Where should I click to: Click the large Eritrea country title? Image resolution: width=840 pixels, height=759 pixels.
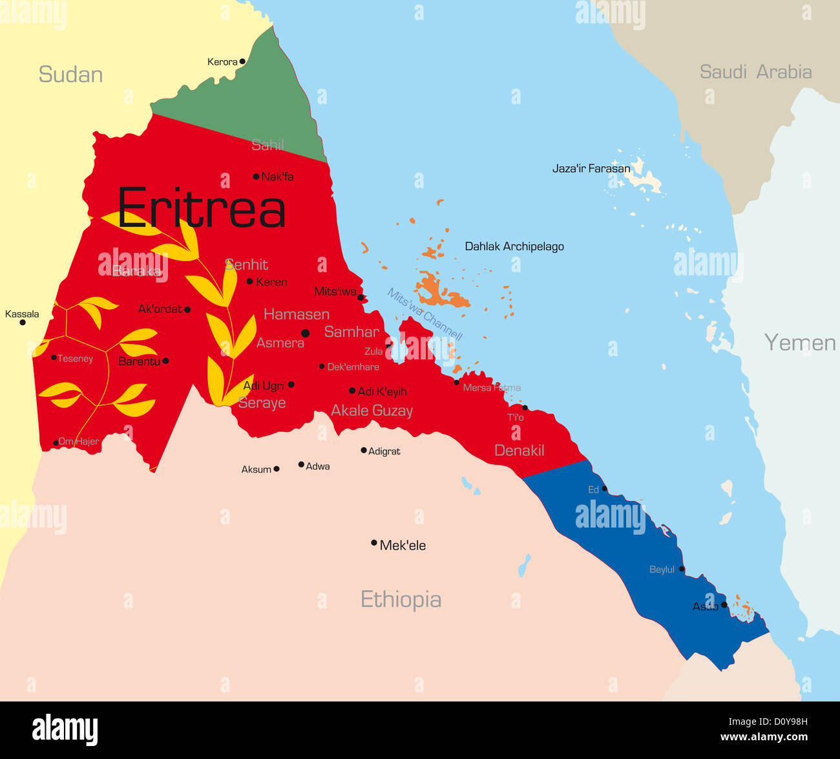201,208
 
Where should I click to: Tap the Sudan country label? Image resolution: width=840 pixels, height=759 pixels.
70,74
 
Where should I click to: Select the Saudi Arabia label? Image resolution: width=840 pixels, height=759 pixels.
755,72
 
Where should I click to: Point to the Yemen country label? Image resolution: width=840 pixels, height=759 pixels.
799,342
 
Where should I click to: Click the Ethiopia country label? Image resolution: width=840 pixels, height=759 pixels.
401,599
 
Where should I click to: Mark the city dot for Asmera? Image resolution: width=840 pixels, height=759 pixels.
306,334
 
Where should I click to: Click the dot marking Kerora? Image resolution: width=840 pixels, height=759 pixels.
243,62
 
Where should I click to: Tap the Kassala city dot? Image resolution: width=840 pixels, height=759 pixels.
23,322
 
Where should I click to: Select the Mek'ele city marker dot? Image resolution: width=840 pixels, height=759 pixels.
373,543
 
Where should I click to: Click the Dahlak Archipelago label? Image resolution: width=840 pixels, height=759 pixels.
514,246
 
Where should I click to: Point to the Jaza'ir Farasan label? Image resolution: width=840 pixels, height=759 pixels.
591,169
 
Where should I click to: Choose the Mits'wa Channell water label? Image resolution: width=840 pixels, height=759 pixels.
425,314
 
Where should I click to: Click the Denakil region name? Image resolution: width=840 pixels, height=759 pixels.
519,451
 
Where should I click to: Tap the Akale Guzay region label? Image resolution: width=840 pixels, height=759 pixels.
372,411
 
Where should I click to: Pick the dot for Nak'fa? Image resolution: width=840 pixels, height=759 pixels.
256,176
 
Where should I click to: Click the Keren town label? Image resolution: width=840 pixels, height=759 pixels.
271,282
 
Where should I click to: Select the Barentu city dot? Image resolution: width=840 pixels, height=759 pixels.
165,361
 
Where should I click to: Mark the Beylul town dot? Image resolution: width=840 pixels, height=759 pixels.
682,570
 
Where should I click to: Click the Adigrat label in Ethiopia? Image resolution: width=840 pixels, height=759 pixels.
384,451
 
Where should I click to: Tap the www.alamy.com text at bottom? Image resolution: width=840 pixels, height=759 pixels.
764,737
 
